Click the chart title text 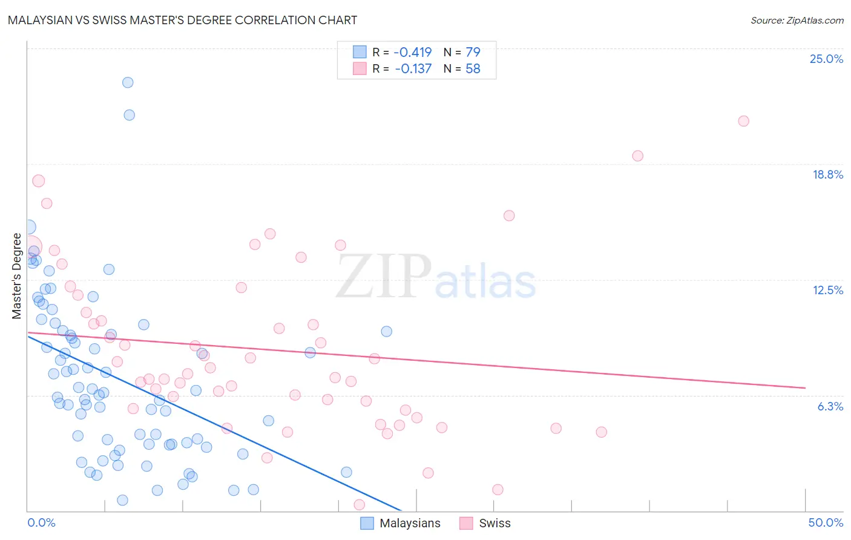click(182, 20)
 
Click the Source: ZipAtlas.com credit click(797, 21)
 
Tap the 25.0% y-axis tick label click(826, 59)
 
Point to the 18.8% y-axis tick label click(827, 174)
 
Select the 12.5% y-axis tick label click(827, 290)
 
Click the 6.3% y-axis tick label click(830, 406)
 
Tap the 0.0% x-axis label click(41, 522)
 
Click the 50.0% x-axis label click(826, 522)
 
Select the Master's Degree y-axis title click(16, 275)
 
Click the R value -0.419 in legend click(412, 52)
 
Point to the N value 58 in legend click(473, 69)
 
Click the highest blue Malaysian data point click(128, 82)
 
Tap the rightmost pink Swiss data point click(743, 121)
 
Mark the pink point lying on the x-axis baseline click(359, 505)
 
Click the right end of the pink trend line click(805, 387)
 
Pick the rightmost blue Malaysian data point click(386, 331)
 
